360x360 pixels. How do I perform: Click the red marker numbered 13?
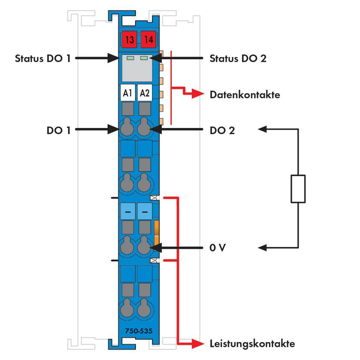click(129, 39)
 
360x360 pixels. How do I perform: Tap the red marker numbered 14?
click(149, 39)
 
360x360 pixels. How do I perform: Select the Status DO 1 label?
click(43, 58)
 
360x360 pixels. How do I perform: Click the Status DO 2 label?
click(238, 58)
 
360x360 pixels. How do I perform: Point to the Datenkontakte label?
click(245, 94)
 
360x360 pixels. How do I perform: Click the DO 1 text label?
click(58, 130)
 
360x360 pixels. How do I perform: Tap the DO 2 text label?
click(222, 130)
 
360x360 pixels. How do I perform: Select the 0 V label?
click(217, 248)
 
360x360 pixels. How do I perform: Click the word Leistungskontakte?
click(252, 343)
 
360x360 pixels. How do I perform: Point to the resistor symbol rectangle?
click(298, 189)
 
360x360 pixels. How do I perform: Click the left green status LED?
click(131, 58)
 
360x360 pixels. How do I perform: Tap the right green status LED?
click(144, 58)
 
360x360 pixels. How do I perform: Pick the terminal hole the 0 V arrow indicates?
click(144, 247)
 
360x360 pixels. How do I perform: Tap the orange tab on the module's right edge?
click(157, 233)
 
